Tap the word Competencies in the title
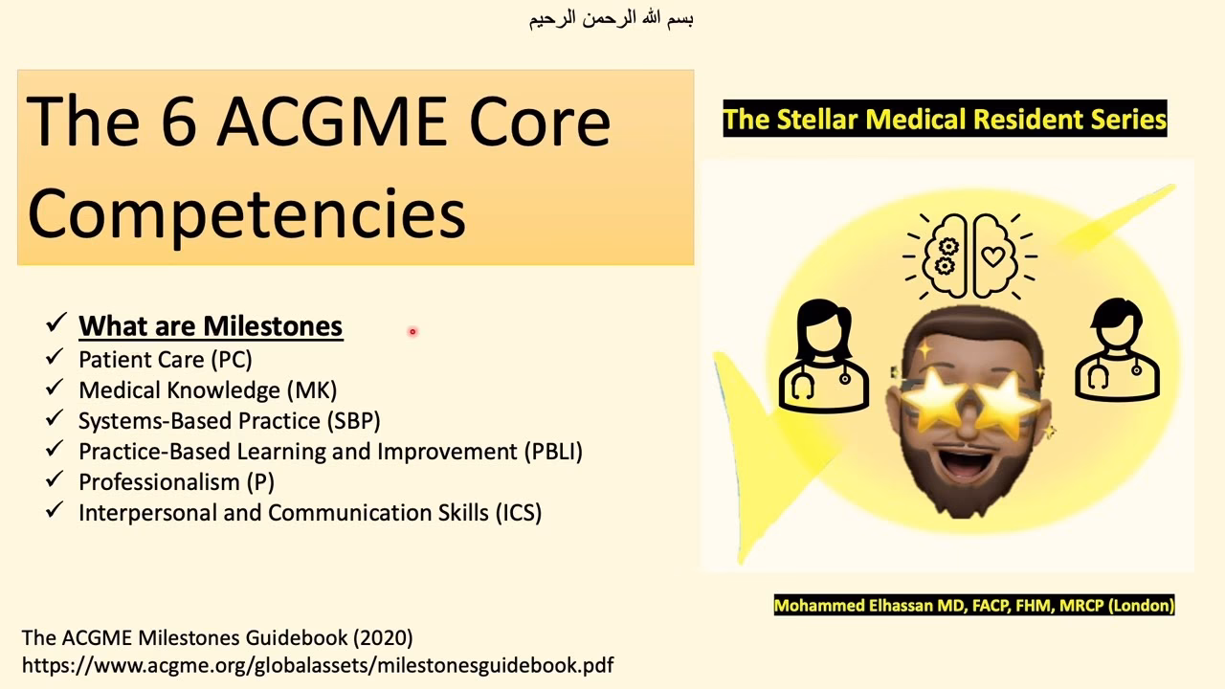[x=247, y=211]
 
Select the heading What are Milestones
[x=211, y=325]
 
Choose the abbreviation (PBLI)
[x=552, y=452]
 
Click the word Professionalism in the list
[x=158, y=482]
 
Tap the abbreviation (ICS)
[x=518, y=513]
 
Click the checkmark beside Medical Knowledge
[x=55, y=389]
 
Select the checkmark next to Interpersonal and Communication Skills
[x=55, y=511]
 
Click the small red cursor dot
[x=412, y=332]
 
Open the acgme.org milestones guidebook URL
[x=317, y=664]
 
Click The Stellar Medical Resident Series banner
[x=945, y=120]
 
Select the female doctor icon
[x=824, y=355]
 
